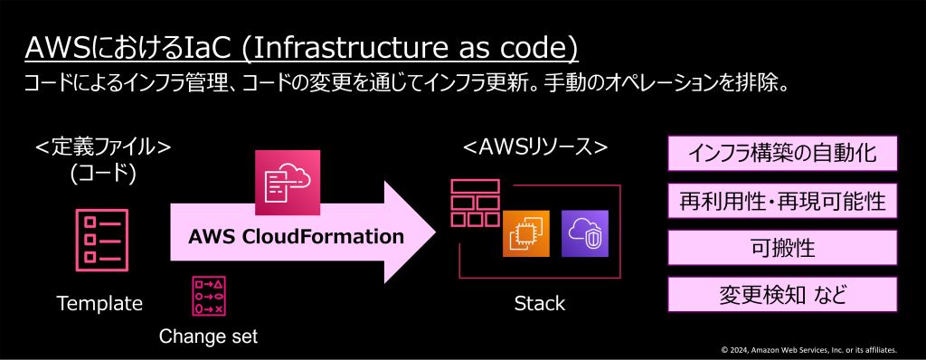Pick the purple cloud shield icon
585,233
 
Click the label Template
99,304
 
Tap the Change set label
208,336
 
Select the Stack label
539,304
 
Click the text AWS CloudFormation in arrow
296,238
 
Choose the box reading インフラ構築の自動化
782,154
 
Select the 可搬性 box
782,247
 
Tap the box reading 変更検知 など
782,294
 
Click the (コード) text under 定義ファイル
102,174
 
